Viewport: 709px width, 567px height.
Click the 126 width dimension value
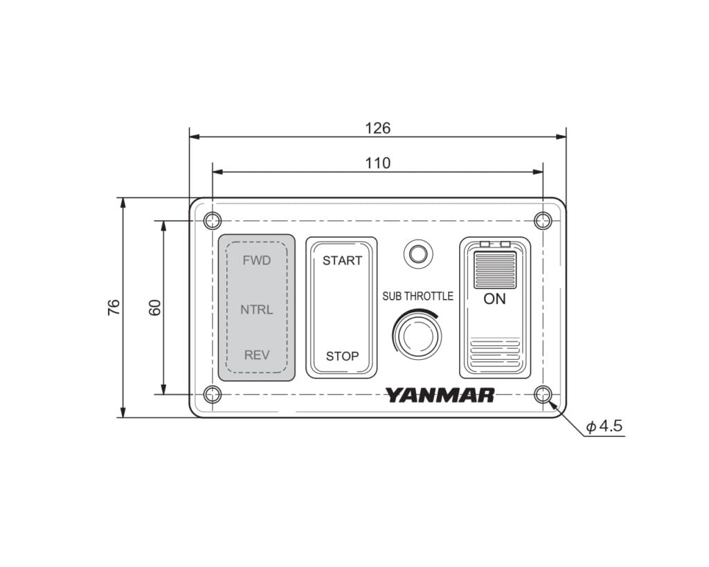pyautogui.click(x=377, y=128)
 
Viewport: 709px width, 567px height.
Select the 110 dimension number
pyautogui.click(x=377, y=163)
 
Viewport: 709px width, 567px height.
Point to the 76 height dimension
pyautogui.click(x=114, y=307)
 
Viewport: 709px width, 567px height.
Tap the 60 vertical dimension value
pyautogui.click(x=154, y=307)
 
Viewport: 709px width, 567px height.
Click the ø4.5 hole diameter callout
pyautogui.click(x=604, y=426)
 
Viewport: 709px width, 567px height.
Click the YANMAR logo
pyautogui.click(x=440, y=395)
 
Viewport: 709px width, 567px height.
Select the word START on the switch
pyautogui.click(x=342, y=260)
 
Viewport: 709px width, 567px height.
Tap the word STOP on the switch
pyautogui.click(x=342, y=357)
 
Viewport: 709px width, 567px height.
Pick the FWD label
pyautogui.click(x=256, y=260)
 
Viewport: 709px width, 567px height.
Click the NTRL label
pyautogui.click(x=256, y=309)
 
